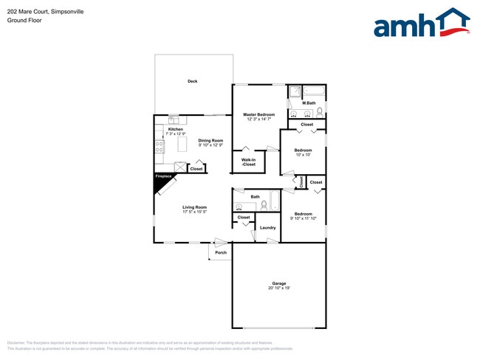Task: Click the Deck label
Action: tap(192, 81)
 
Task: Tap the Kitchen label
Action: tap(175, 129)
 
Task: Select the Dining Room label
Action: tap(210, 140)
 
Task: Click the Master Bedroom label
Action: tap(260, 114)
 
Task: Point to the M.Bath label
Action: tap(309, 103)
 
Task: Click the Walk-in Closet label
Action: tap(248, 162)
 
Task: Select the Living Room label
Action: tap(195, 207)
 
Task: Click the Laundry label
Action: tap(268, 227)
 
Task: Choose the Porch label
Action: tap(220, 253)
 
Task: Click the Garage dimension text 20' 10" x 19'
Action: tap(278, 288)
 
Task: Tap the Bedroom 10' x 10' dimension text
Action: tap(304, 155)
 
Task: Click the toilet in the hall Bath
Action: tap(263, 207)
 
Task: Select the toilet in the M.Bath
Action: tap(319, 113)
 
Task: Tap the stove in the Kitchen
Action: tap(159, 148)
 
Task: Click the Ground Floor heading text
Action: tap(25, 21)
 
